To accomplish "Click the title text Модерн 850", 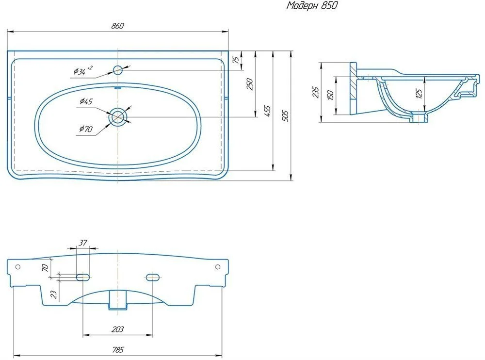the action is (312, 5).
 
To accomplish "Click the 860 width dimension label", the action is (117, 26).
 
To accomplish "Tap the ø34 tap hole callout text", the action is (82, 70).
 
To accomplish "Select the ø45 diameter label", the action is (86, 101).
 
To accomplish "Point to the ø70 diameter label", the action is (86, 129).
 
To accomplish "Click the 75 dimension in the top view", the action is (236, 60).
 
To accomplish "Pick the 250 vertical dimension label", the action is (250, 84).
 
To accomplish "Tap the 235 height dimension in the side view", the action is (316, 92).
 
